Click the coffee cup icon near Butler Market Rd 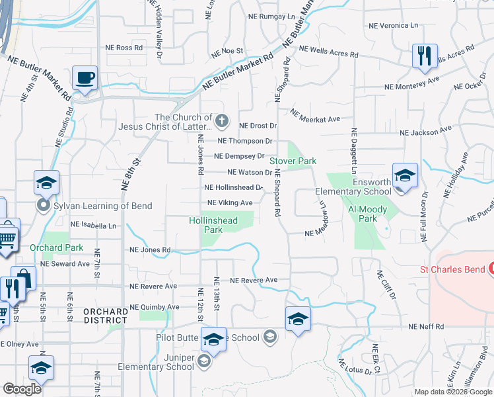point(85,78)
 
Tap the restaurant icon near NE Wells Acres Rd point(424,56)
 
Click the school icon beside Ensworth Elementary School point(405,175)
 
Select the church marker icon point(223,121)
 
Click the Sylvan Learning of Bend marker point(45,206)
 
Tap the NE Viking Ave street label point(230,203)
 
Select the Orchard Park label point(57,248)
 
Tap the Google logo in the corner point(22,389)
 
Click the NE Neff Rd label point(425,327)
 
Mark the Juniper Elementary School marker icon point(203,361)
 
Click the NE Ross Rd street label point(124,48)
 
